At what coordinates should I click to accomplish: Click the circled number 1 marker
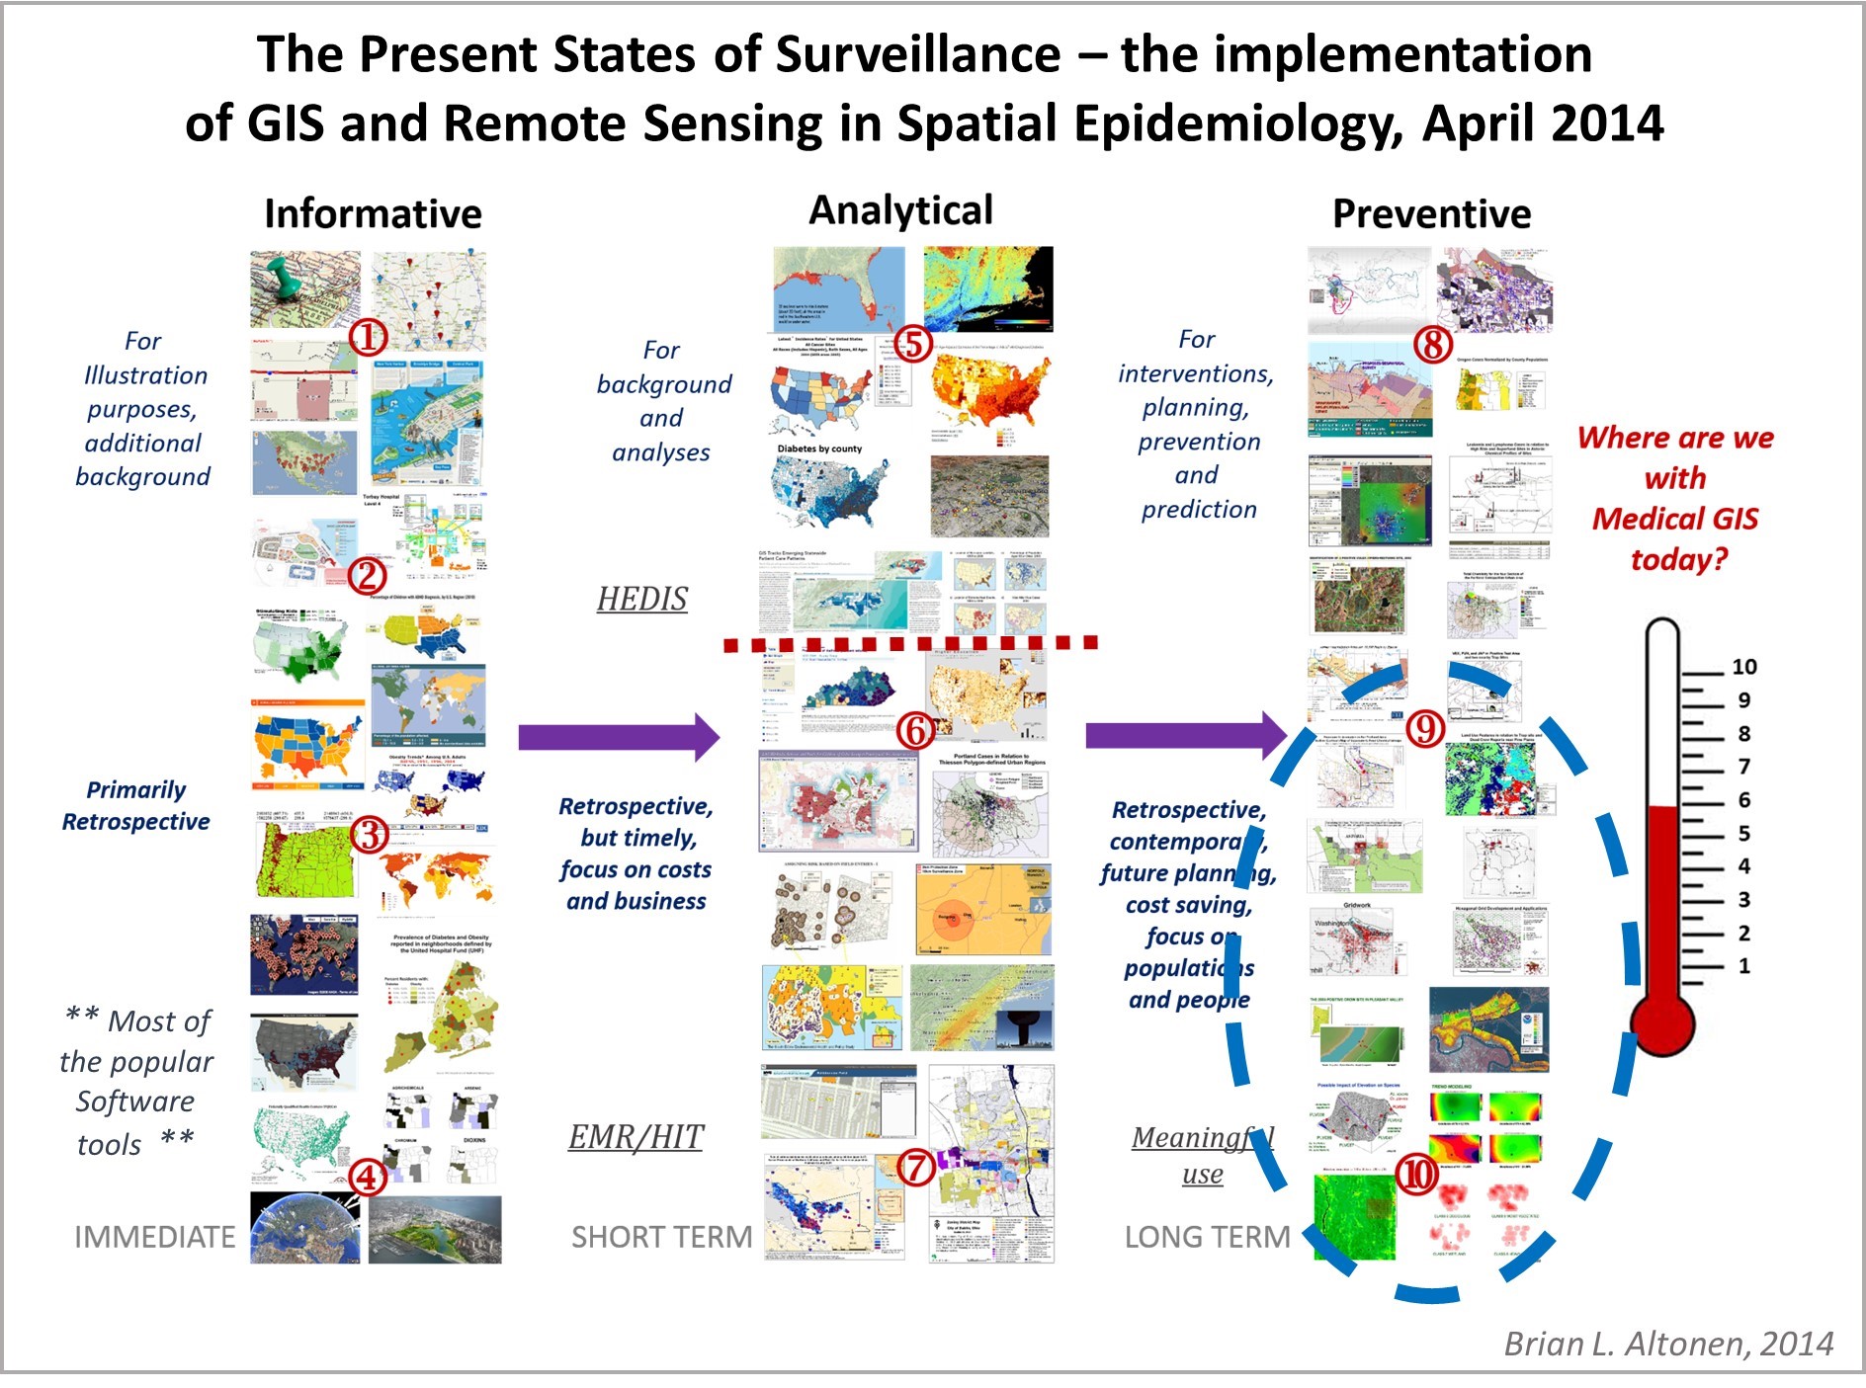[x=368, y=338]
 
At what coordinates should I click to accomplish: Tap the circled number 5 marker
[x=914, y=344]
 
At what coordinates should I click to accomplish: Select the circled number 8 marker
[x=1433, y=345]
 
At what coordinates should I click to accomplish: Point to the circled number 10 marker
[x=1417, y=1175]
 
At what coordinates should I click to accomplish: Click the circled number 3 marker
[x=370, y=836]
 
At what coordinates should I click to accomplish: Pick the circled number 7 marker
[x=916, y=1169]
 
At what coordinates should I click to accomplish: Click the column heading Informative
[x=373, y=214]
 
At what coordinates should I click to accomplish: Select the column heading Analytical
[x=900, y=211]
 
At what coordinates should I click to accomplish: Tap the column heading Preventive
[x=1431, y=214]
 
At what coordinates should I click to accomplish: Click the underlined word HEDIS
[x=641, y=600]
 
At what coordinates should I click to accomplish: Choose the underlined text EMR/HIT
[x=636, y=1138]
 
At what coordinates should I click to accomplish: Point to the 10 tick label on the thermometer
[x=1743, y=667]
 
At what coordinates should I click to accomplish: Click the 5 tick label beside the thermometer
[x=1743, y=833]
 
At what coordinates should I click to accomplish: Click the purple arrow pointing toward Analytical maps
[x=619, y=737]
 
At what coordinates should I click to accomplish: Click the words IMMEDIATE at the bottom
[x=155, y=1237]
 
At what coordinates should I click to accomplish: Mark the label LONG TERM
[x=1207, y=1237]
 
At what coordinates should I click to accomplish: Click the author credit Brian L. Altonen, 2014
[x=1668, y=1344]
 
